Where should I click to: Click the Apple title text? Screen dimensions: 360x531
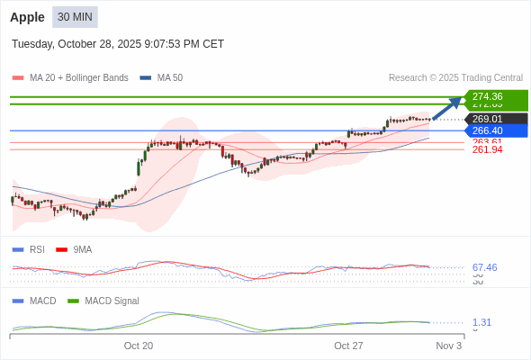click(x=28, y=17)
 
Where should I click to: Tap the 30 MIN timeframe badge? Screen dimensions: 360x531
click(x=76, y=17)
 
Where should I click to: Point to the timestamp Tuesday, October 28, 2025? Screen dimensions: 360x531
click(x=118, y=44)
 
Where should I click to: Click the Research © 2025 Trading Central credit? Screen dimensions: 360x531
click(x=455, y=78)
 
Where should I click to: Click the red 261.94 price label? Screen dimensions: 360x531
click(x=487, y=149)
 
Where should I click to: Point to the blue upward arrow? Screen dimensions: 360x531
click(x=447, y=108)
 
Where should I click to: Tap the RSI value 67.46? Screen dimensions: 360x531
click(x=484, y=268)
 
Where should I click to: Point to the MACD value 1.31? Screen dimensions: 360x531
click(x=481, y=322)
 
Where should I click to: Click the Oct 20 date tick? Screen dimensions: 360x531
click(x=139, y=346)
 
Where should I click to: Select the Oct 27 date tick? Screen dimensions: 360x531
click(x=348, y=346)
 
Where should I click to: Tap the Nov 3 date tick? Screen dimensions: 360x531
click(x=448, y=346)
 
